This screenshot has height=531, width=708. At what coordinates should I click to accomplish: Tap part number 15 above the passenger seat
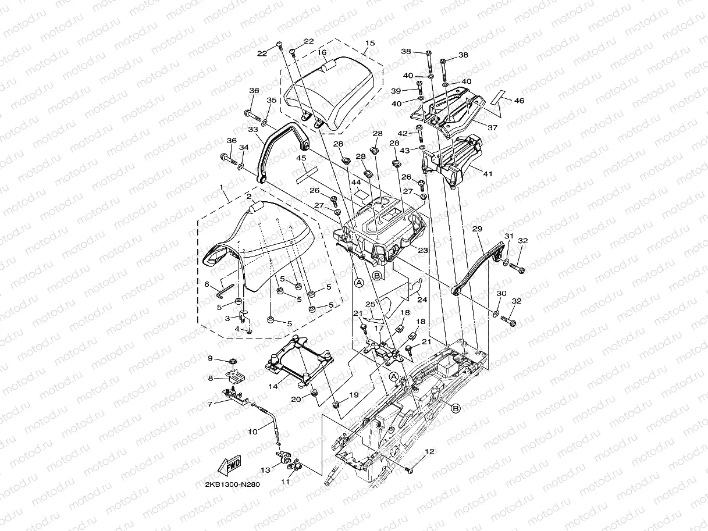pyautogui.click(x=370, y=44)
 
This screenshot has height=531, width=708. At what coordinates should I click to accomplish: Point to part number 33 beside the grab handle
pyautogui.click(x=252, y=130)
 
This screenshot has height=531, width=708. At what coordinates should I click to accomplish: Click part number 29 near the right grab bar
pyautogui.click(x=477, y=230)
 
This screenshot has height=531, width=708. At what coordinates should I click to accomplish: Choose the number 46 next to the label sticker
pyautogui.click(x=519, y=101)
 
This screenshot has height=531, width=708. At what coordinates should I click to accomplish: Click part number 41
pyautogui.click(x=488, y=173)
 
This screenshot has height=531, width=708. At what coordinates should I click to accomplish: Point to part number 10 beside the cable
pyautogui.click(x=252, y=432)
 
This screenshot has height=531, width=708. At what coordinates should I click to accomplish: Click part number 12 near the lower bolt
pyautogui.click(x=429, y=451)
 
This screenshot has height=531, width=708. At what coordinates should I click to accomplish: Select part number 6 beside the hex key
pyautogui.click(x=207, y=284)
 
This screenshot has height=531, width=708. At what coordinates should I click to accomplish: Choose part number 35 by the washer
pyautogui.click(x=272, y=101)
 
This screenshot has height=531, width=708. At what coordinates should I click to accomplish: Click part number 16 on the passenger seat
pyautogui.click(x=322, y=52)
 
